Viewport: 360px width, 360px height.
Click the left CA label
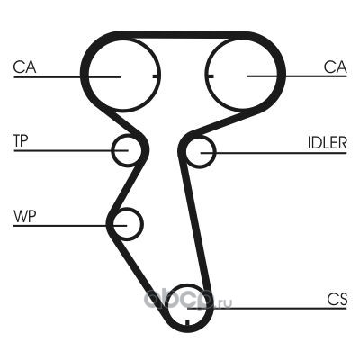pos(24,67)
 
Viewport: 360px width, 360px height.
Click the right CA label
pos(336,67)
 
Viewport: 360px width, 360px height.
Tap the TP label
pos(21,140)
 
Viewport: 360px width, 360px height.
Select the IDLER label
pos(328,143)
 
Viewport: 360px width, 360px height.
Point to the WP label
pos(25,216)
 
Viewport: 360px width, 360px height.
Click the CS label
pos(337,299)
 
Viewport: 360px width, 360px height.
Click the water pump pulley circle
pos(143,224)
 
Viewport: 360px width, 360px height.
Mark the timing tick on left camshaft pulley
pos(157,76)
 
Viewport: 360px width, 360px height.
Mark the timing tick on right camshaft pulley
pos(209,76)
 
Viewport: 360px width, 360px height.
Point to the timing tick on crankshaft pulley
pos(186,322)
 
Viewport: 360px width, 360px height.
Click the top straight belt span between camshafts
pos(183,35)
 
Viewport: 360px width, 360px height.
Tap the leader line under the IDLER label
pos(274,153)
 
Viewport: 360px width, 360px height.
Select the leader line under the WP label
pos(70,225)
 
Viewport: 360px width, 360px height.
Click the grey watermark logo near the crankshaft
pos(187,299)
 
